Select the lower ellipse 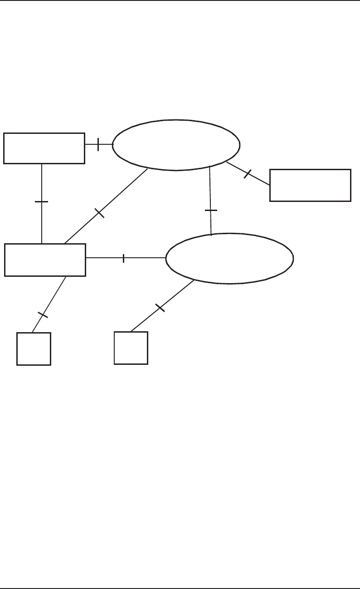[229, 258]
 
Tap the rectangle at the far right [310, 185]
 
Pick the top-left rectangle [44, 148]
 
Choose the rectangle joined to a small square [45, 260]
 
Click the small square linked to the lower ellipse [131, 348]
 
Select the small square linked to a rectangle [34, 348]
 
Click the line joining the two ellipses [210, 191]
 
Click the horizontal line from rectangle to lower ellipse [145, 258]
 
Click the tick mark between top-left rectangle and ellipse [98, 144]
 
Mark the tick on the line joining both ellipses [211, 210]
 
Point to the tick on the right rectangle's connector [248, 173]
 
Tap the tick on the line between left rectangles [42, 201]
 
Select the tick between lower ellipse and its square [160, 307]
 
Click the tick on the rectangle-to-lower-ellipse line [123, 258]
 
